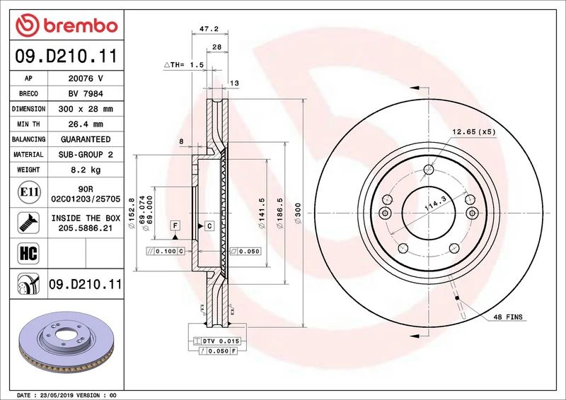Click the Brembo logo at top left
click(67, 25)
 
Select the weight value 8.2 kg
click(86, 170)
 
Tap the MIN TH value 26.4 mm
click(86, 124)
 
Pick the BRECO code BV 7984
click(86, 94)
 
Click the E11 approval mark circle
click(29, 192)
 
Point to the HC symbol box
click(28, 253)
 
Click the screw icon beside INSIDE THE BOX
click(28, 223)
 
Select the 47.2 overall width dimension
click(209, 29)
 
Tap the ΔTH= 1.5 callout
click(184, 65)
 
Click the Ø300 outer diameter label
click(298, 213)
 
